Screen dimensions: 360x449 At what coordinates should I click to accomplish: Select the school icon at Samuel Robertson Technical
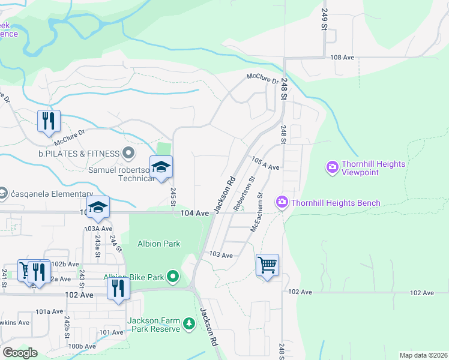(161, 167)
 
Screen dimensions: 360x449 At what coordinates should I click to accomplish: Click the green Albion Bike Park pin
(173, 277)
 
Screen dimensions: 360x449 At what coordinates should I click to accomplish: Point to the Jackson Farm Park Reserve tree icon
(190, 325)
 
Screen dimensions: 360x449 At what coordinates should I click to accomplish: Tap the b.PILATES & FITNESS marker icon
(128, 154)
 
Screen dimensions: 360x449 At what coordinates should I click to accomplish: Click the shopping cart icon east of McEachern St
(267, 264)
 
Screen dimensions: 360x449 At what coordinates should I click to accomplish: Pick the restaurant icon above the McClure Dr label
(48, 121)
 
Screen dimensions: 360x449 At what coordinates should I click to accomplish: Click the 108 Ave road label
(343, 57)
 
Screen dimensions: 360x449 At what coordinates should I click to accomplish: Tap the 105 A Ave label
(266, 164)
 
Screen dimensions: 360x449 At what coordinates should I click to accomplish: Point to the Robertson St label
(246, 193)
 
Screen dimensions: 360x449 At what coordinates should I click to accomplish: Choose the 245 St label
(173, 197)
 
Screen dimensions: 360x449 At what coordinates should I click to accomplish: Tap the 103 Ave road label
(221, 255)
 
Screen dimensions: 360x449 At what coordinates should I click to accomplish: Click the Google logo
(19, 353)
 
